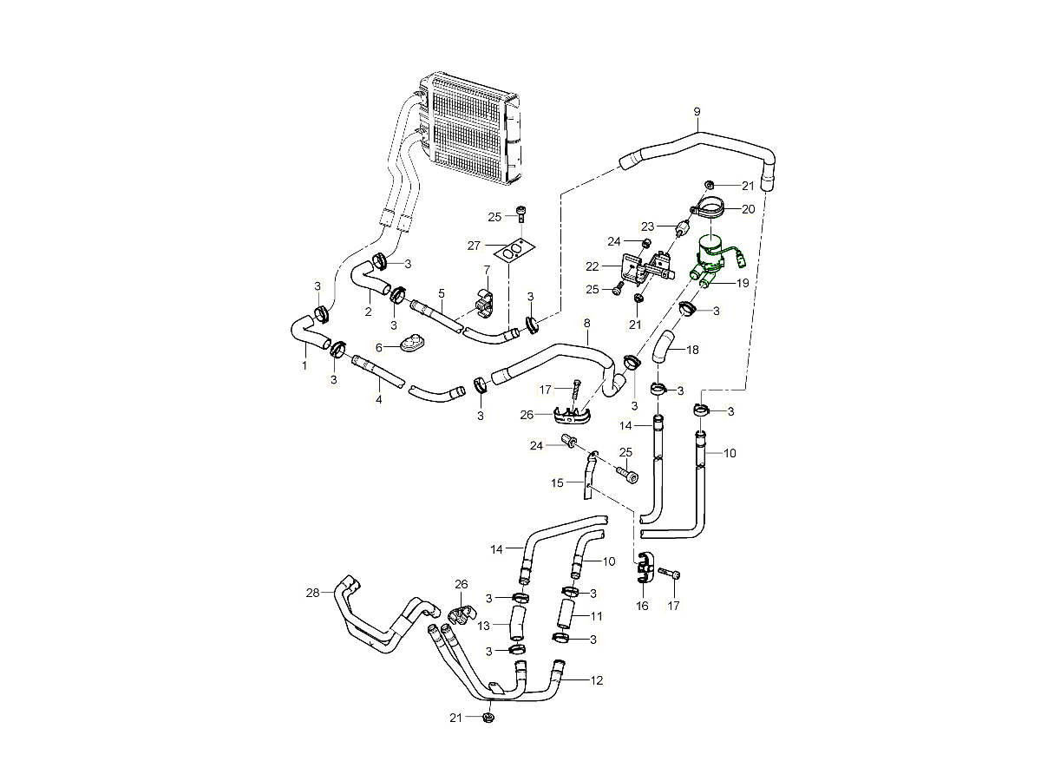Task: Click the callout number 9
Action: (696, 111)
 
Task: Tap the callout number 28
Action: (312, 593)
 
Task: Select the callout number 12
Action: (596, 680)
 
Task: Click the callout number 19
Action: (743, 283)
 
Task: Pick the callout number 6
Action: (379, 346)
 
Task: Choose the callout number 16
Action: (642, 606)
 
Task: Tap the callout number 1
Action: (304, 366)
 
